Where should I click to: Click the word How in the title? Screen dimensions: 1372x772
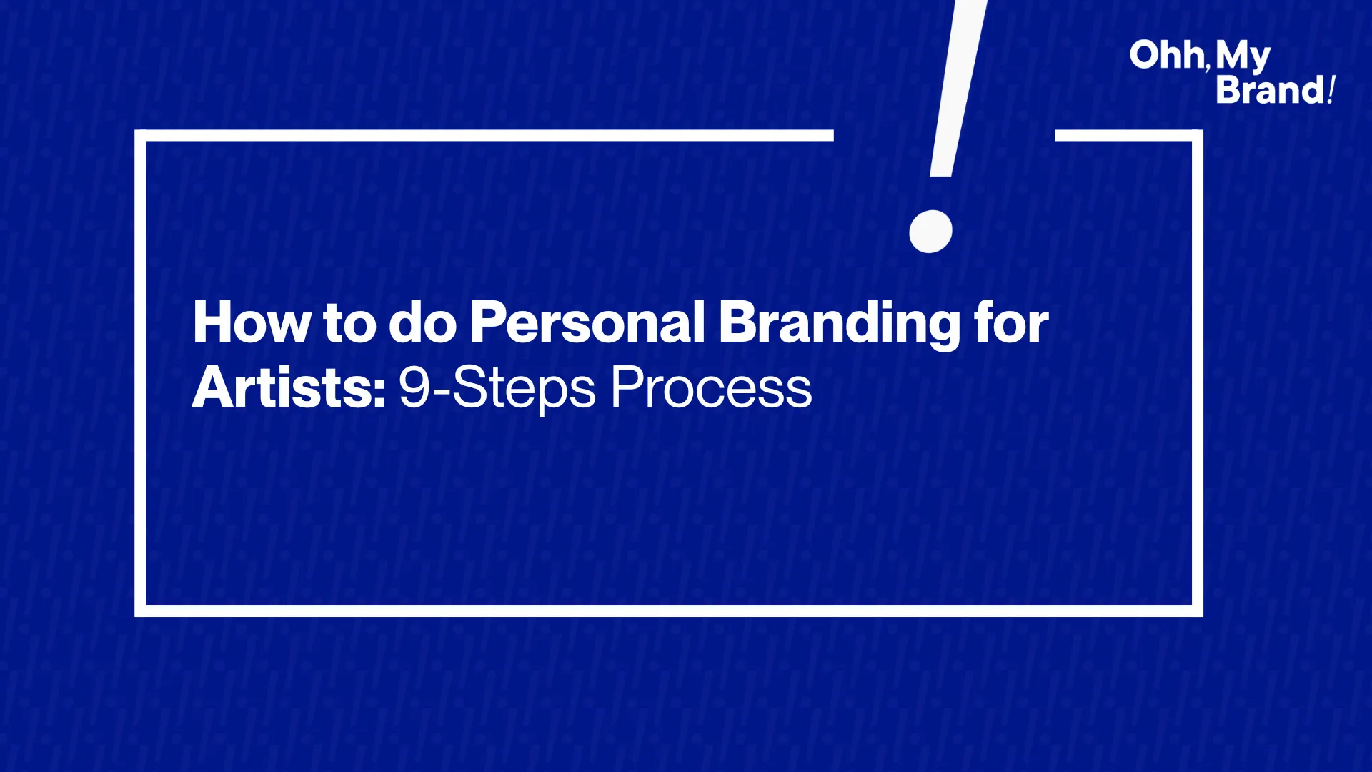252,322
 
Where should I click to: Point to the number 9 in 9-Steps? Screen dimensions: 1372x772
414,388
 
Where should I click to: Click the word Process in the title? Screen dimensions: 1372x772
711,388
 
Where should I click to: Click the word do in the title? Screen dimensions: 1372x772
422,322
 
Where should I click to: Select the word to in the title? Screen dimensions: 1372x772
349,324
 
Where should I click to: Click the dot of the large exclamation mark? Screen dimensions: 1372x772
930,232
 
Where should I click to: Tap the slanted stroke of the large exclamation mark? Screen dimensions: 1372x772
958,88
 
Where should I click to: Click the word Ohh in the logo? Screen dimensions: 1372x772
1166,55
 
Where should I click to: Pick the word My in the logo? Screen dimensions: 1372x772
1243,57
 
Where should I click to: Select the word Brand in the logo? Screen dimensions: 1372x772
1270,91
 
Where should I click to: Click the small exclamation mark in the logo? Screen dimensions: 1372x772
1331,91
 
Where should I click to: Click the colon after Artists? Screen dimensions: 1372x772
379,392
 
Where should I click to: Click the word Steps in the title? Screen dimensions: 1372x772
524,390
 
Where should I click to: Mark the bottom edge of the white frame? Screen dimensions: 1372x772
669,611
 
